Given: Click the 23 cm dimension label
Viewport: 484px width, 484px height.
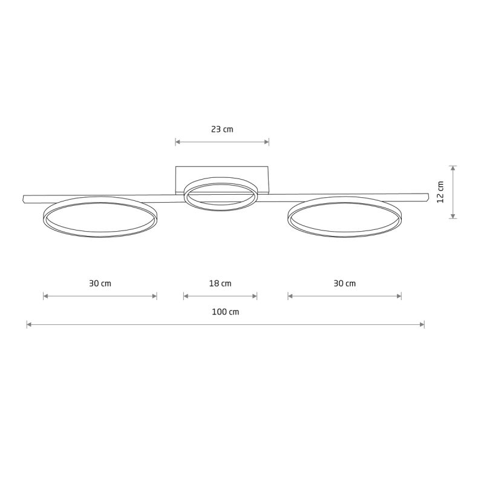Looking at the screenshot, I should coord(222,129).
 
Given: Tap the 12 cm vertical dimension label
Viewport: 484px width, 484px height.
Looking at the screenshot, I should coord(440,192).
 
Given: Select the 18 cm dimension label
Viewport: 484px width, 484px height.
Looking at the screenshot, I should coord(220,283).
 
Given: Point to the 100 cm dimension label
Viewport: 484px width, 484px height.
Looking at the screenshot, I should coord(226,312).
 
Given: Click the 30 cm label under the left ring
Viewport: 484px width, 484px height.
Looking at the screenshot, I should coord(100,283).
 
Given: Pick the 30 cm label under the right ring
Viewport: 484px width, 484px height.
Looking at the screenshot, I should coord(344,283).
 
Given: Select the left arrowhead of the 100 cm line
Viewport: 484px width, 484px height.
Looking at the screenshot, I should coord(29,325).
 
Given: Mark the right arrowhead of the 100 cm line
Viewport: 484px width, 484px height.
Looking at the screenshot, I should coord(422,325).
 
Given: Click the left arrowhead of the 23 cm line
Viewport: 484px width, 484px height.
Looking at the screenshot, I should coord(178,142).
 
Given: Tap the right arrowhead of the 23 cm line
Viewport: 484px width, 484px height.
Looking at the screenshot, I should coord(267,142).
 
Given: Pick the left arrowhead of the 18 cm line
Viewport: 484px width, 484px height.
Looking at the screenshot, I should coord(186,296).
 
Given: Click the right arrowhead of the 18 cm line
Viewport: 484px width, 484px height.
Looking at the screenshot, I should coord(255,296).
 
